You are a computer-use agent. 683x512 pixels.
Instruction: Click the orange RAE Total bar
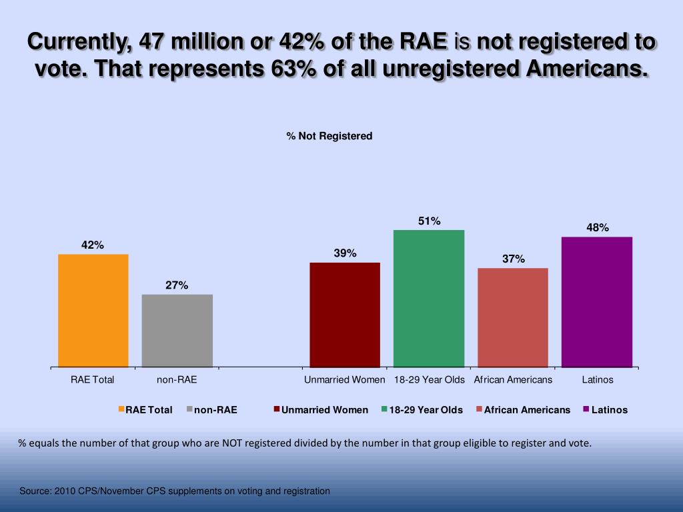(x=93, y=311)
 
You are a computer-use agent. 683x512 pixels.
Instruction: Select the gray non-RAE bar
(x=177, y=331)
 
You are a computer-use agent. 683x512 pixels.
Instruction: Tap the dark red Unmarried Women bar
(x=345, y=315)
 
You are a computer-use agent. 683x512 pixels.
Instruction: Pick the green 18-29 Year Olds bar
(x=429, y=299)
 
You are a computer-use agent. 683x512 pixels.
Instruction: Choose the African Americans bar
(x=513, y=317)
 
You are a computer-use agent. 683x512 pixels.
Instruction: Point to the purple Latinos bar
(x=597, y=302)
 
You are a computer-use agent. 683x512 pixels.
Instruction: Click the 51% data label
(x=429, y=221)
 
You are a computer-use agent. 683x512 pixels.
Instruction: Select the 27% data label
(x=177, y=285)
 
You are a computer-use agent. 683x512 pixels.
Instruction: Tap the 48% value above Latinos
(x=597, y=227)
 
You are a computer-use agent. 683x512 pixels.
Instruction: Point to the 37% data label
(x=513, y=259)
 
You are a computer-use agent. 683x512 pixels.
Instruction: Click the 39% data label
(x=345, y=253)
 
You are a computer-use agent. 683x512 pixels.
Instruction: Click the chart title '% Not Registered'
(x=329, y=136)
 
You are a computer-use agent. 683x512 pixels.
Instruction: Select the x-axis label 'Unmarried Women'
(x=345, y=380)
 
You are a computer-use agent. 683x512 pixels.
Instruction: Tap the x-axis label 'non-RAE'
(x=177, y=380)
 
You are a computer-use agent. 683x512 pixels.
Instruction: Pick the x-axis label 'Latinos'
(x=597, y=380)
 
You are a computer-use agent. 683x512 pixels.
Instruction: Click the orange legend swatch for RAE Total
(x=121, y=409)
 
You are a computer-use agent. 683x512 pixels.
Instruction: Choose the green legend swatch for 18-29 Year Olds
(x=384, y=409)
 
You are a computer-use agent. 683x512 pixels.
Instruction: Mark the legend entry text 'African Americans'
(x=527, y=410)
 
